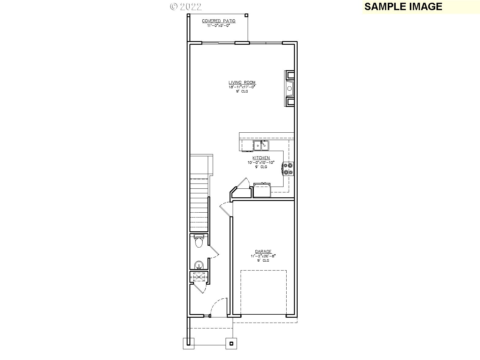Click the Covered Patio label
(219, 21)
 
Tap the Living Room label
(242, 82)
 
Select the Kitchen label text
(261, 158)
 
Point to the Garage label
(263, 252)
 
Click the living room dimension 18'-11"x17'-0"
(242, 87)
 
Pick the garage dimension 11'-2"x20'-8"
(263, 256)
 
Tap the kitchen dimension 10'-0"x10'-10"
(261, 163)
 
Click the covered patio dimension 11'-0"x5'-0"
(219, 25)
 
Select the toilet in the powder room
(199, 241)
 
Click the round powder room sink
(199, 265)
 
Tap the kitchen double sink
(261, 146)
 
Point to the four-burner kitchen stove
(288, 169)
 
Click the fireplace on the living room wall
(289, 89)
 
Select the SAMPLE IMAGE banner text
(403, 6)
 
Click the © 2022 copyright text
(186, 7)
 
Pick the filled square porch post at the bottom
(231, 343)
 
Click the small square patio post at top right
(246, 15)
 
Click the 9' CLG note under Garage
(263, 260)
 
